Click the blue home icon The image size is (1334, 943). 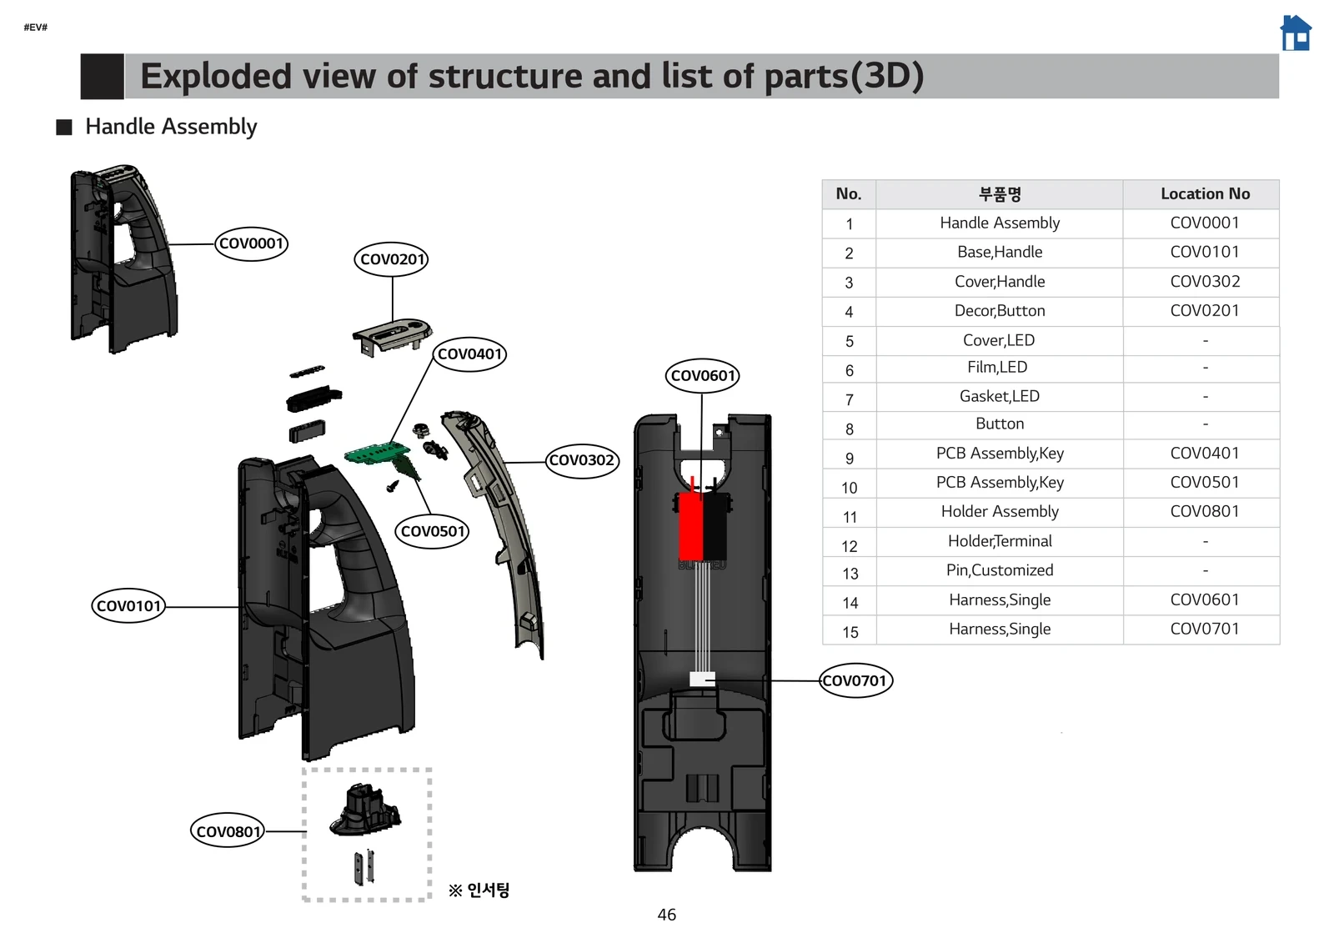point(1295,33)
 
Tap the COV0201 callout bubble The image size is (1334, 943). point(392,259)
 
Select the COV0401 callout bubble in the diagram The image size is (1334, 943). point(469,354)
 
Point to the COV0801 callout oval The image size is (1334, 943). point(228,831)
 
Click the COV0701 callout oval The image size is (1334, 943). point(855,681)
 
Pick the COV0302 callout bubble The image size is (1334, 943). point(582,460)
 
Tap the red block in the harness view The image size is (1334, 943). point(690,525)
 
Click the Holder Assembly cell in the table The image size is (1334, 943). point(999,512)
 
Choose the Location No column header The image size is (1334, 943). point(1204,194)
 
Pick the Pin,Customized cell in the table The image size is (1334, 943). point(999,570)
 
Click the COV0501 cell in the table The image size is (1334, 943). point(1204,483)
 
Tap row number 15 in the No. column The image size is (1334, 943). point(850,632)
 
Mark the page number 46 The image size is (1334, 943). point(666,915)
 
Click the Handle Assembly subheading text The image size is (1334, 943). point(171,127)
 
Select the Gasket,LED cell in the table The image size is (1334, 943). point(999,397)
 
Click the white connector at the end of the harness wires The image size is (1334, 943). point(702,679)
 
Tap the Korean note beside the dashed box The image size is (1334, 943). point(479,890)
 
